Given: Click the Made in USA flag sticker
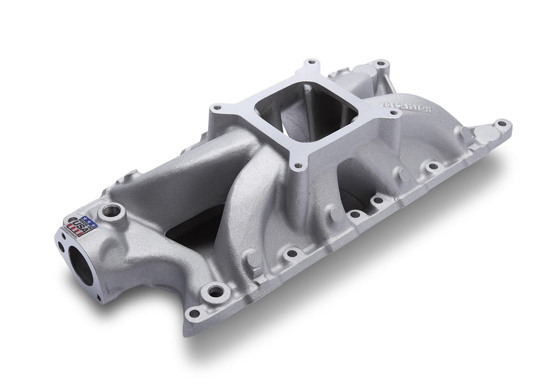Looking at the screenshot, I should click(x=83, y=225).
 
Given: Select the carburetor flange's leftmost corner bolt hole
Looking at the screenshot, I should click(x=217, y=108).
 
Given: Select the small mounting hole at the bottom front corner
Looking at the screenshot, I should click(x=194, y=313).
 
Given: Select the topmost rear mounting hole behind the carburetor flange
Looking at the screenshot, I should click(x=380, y=63).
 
